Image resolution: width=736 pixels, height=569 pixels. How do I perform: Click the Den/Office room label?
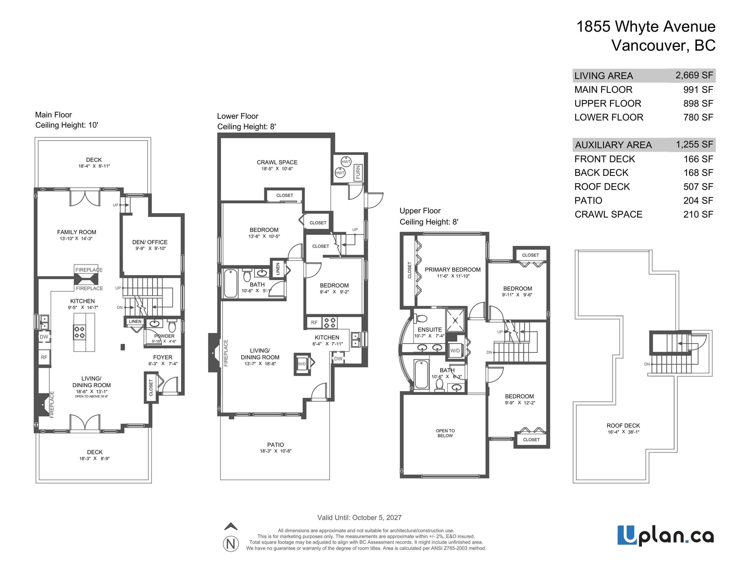point(150,242)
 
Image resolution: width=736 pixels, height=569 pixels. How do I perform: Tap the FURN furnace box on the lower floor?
point(358,172)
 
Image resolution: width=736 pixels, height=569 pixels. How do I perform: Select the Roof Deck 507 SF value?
point(698,186)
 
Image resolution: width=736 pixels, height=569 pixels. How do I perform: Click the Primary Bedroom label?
point(453,270)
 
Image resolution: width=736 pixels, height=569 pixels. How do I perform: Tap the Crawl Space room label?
point(277,162)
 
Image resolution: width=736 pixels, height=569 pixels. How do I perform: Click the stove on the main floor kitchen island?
point(80,332)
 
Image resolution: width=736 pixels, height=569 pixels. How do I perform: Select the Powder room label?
point(164,336)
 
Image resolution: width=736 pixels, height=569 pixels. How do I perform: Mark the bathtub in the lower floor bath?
point(231,283)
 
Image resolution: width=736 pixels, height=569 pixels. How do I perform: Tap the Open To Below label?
point(445,433)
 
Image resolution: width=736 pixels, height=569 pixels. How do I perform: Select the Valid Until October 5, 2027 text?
point(359,517)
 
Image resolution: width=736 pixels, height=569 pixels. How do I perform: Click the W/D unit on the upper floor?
point(455,351)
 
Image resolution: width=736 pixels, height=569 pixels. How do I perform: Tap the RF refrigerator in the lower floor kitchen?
point(314,323)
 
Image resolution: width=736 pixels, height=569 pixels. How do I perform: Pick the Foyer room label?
point(162,357)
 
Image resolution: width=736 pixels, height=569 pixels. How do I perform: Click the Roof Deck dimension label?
point(623,432)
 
